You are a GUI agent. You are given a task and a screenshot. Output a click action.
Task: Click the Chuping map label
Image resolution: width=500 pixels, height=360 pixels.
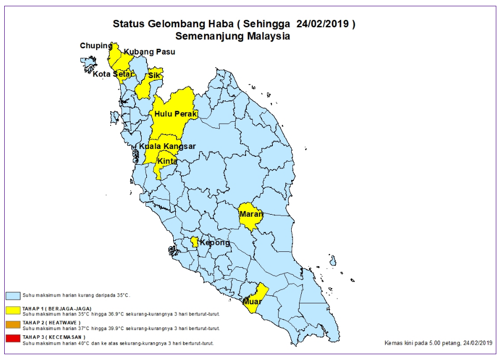[96, 46]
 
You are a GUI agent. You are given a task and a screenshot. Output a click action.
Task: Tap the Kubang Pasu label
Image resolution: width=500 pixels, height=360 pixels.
[149, 52]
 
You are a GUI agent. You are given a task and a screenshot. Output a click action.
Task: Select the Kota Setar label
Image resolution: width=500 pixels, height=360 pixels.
[112, 74]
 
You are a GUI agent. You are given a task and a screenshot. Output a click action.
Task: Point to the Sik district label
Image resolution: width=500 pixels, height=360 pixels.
[154, 76]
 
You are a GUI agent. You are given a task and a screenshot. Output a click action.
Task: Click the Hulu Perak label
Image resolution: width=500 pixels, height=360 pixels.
[175, 114]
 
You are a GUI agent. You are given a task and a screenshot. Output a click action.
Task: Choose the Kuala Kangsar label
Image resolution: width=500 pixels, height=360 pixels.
[167, 146]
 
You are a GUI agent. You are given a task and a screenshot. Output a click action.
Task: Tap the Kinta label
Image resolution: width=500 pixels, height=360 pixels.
[167, 161]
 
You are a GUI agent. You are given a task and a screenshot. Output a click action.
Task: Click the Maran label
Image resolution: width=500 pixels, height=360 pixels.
[251, 214]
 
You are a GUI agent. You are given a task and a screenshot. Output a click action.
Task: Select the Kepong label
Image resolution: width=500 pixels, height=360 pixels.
[214, 243]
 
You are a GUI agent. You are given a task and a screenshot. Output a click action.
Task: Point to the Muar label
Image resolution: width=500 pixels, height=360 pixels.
[252, 302]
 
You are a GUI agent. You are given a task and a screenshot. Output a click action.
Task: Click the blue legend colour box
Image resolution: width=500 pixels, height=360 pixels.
[13, 296]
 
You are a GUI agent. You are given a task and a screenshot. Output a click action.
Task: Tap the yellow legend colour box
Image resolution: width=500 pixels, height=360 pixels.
[13, 310]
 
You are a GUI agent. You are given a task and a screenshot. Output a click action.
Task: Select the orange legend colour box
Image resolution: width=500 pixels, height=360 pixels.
[13, 324]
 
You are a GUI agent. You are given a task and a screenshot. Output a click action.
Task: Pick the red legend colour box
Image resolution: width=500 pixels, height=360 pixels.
[13, 338]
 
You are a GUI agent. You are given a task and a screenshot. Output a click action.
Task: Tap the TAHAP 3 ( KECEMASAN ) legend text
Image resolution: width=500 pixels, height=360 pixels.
[54, 336]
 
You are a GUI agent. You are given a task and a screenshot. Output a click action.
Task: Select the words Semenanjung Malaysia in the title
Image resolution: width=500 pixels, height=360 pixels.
[232, 37]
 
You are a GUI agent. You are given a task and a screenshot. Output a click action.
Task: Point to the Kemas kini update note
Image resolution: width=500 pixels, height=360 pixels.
[438, 343]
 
